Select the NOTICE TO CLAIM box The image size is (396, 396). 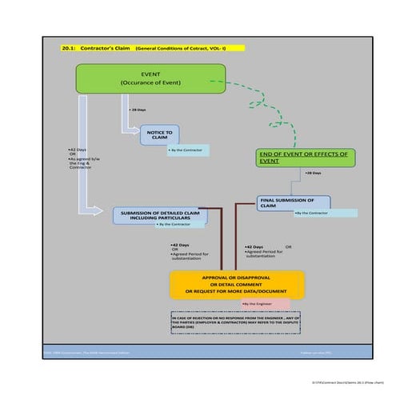pos(159,134)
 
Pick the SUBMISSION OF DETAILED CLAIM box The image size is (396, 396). pos(159,215)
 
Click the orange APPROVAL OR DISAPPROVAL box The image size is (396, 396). pos(238,286)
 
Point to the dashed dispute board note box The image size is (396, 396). pos(235,322)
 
